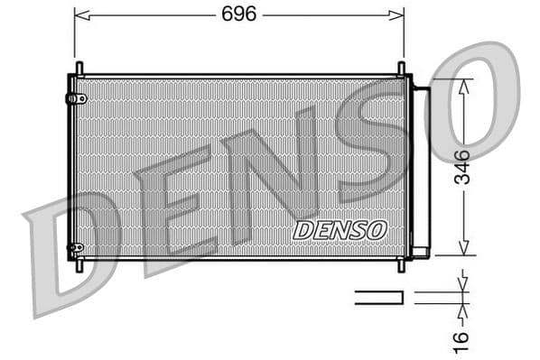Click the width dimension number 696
239,14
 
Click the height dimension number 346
461,167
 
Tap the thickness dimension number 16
461,338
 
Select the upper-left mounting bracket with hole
77,97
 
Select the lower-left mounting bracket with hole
77,247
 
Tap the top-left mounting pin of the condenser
79,69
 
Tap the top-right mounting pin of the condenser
402,69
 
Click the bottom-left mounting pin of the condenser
79,265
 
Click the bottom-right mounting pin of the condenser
402,265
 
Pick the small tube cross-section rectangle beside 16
378,296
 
